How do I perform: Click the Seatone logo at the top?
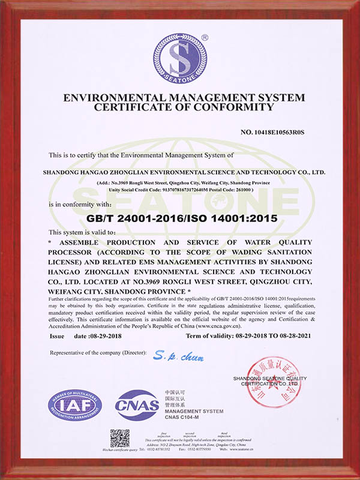point(179,58)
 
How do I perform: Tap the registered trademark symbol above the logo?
point(204,37)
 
